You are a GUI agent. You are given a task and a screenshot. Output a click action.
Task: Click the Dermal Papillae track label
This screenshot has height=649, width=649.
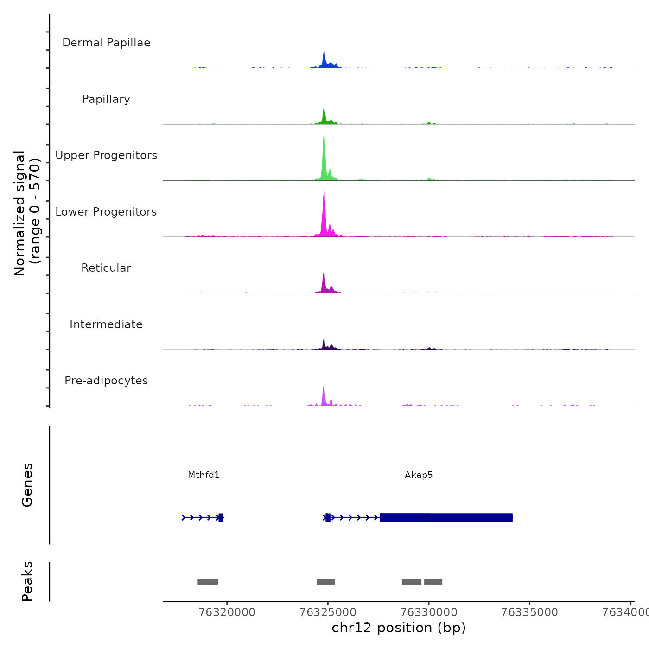106,43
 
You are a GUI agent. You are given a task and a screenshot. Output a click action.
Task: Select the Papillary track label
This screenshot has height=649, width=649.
106,99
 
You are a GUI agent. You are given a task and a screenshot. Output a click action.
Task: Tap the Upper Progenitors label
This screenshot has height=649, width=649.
106,155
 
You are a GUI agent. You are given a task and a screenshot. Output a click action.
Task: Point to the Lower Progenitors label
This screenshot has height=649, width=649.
106,212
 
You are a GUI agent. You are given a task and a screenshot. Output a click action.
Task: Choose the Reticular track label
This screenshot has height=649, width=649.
106,268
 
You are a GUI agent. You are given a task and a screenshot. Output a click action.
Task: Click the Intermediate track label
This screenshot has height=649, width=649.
106,324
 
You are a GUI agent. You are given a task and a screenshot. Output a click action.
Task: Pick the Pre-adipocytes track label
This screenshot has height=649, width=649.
106,381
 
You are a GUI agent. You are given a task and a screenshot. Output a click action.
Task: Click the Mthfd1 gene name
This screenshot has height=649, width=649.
204,475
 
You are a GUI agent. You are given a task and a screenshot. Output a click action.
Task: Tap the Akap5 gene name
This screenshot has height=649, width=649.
419,475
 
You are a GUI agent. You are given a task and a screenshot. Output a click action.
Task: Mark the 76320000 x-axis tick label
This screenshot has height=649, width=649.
227,612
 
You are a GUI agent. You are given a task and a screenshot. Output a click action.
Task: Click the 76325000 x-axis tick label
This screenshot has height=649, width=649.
328,612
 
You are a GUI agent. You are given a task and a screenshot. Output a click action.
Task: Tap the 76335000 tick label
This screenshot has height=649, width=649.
530,612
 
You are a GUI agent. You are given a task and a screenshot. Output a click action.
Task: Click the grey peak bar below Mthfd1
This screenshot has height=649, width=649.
208,582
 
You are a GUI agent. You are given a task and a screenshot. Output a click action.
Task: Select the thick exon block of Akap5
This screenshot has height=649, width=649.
446,517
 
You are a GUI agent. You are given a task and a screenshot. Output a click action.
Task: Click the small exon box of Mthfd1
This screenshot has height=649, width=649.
221,517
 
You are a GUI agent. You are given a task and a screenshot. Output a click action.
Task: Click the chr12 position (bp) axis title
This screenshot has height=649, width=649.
399,628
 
